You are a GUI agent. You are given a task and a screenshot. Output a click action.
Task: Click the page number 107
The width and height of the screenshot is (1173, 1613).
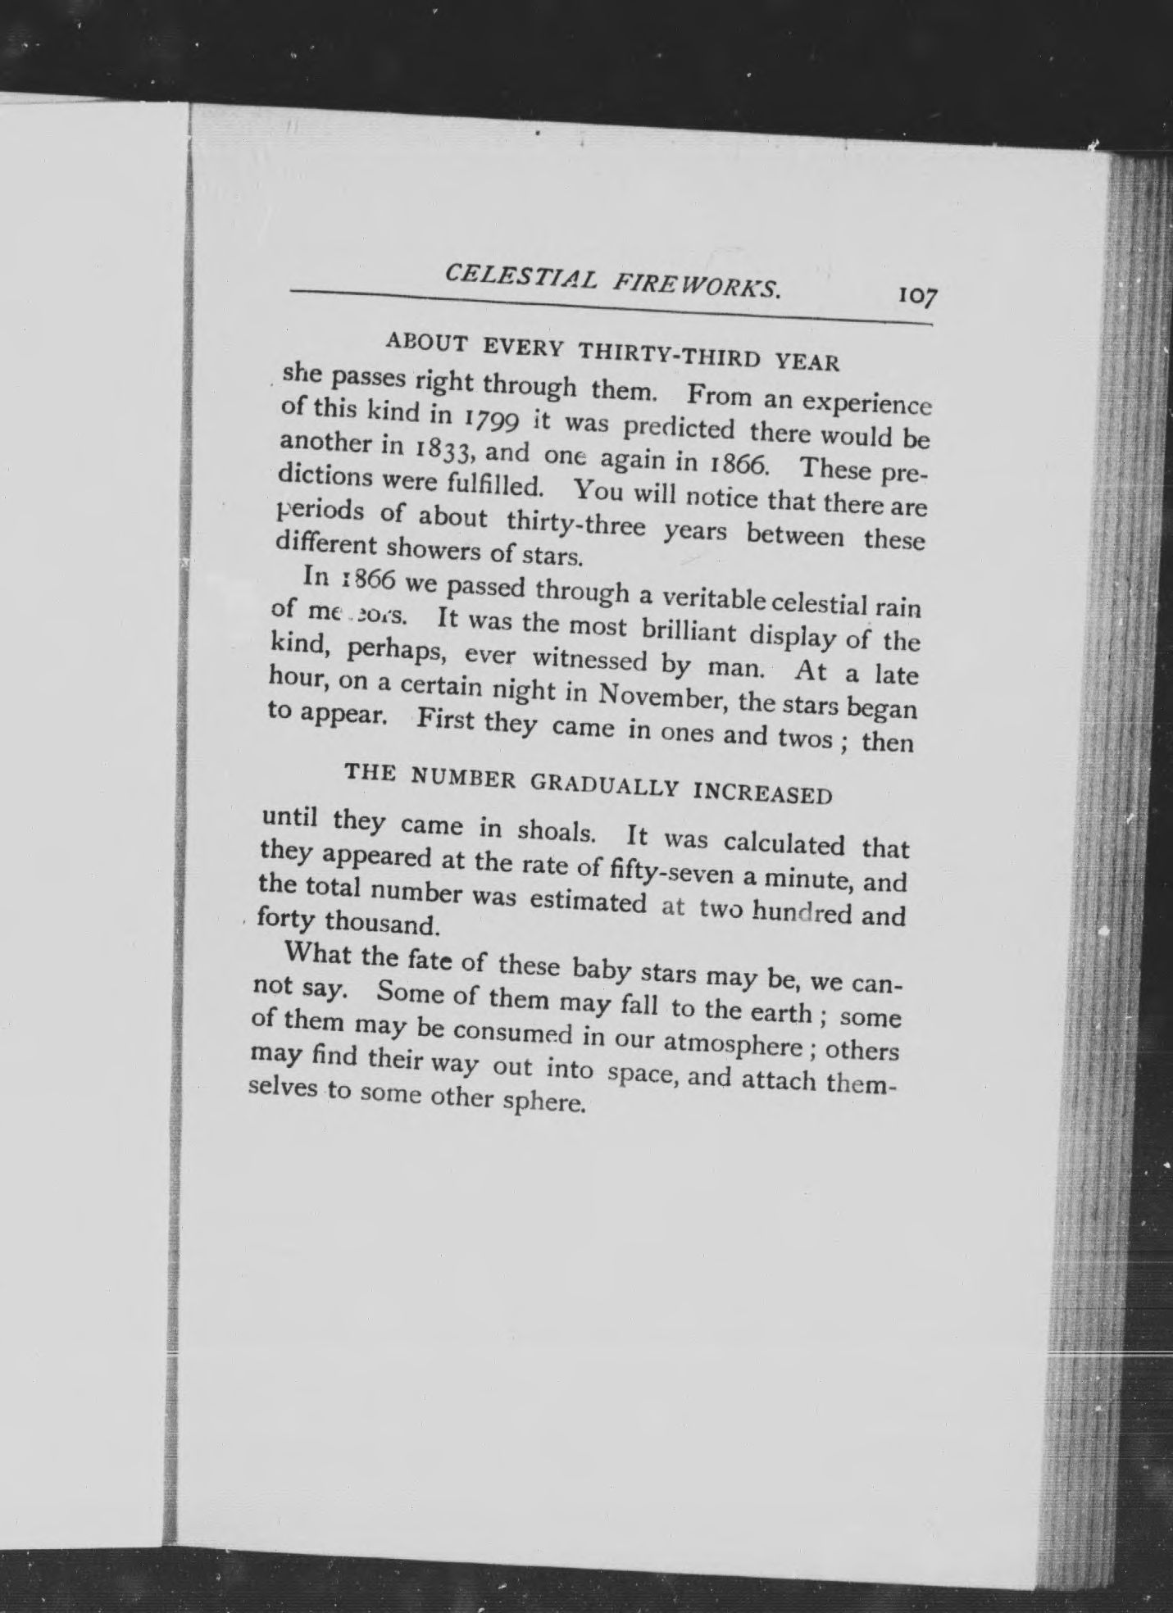point(917,296)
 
